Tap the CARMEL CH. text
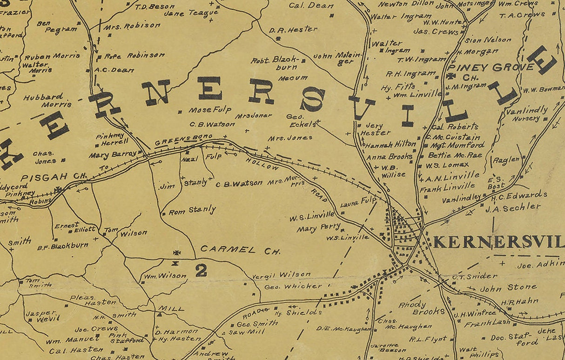[x=240, y=250]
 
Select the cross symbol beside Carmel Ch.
[x=176, y=253]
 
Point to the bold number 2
[x=201, y=270]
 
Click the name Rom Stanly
[x=192, y=210]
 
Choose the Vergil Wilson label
[x=281, y=275]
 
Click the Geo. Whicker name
[x=293, y=286]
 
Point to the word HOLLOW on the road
[x=262, y=163]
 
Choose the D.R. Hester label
[x=293, y=30]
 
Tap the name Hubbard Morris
[x=44, y=100]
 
